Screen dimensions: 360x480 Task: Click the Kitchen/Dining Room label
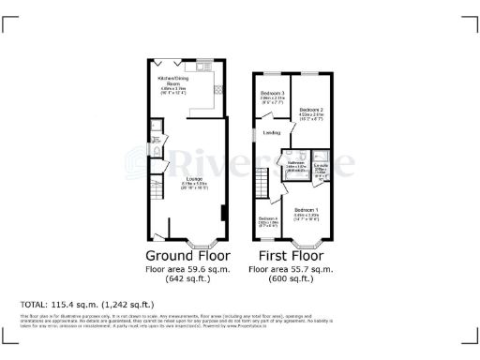(172, 84)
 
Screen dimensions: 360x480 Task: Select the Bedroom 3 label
(271, 95)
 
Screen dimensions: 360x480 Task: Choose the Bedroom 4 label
(267, 221)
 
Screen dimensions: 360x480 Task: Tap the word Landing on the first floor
(272, 133)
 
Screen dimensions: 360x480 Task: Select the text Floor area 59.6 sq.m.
(186, 269)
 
